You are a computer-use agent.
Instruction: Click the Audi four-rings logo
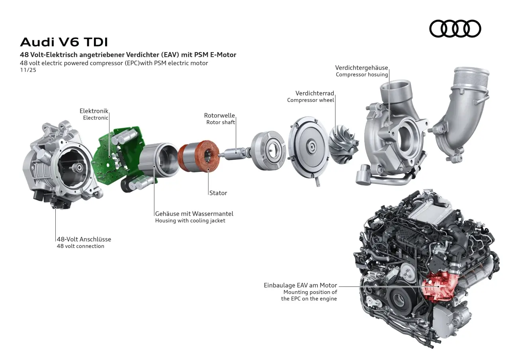[455, 29]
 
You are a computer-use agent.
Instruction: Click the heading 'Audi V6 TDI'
[64, 42]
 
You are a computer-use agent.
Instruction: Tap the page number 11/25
[28, 70]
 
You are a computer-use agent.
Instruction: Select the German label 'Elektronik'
[94, 111]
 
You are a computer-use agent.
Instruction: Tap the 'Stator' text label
[218, 193]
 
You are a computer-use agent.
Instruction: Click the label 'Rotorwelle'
[219, 115]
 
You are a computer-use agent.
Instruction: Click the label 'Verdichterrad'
[315, 93]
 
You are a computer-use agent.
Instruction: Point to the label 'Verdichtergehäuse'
[361, 68]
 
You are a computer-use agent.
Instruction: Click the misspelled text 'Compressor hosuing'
[361, 74]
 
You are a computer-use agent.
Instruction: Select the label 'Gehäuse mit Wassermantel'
[194, 214]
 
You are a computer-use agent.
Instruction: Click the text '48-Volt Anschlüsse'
[84, 239]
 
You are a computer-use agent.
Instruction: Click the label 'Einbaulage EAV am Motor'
[300, 285]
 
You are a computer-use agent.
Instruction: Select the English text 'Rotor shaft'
[221, 122]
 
